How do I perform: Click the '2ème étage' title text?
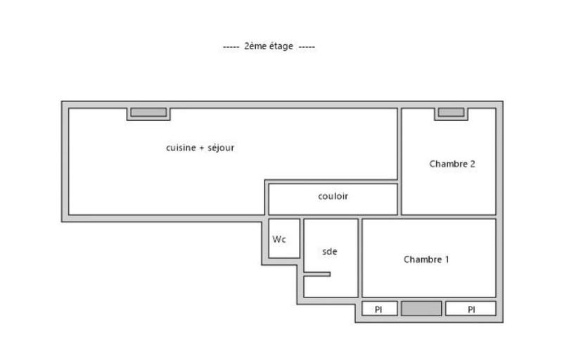pos(269,46)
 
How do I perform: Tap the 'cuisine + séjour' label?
pos(200,148)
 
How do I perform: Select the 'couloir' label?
pos(333,196)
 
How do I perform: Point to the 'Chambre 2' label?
pos(452,164)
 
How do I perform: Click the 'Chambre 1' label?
pos(426,259)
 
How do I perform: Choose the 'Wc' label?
pos(279,239)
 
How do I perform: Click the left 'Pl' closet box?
pos(378,309)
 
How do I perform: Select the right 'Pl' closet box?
pos(471,309)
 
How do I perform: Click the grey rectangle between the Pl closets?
pos(421,309)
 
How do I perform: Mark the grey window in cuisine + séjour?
pos(148,112)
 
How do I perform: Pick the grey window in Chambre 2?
pos(451,112)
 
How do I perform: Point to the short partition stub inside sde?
pos(317,274)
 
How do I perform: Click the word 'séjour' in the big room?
pos(221,148)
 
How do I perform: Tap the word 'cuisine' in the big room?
pos(181,148)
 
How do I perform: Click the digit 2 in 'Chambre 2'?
pos(473,164)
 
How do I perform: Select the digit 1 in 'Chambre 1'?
pos(447,259)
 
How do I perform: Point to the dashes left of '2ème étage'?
pos(231,46)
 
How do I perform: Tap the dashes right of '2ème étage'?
pos(307,46)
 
